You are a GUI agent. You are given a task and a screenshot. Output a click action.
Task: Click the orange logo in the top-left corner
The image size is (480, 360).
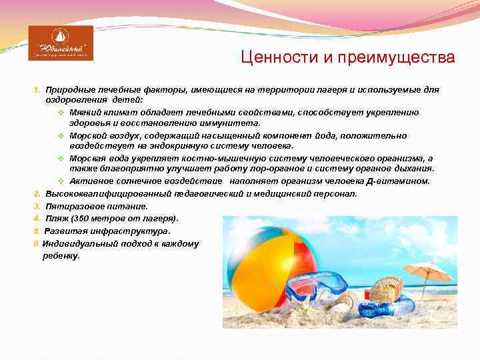tap(61, 43)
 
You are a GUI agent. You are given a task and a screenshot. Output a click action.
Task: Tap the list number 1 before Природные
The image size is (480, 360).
tap(37, 89)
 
